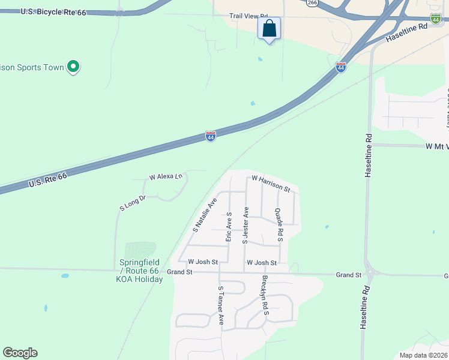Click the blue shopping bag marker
click(270, 28)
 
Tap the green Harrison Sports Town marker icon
click(73, 67)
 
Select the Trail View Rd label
click(249, 18)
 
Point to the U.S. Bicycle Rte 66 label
click(53, 12)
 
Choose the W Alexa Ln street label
click(166, 177)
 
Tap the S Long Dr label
click(133, 203)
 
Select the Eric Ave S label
click(229, 226)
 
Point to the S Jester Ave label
click(245, 225)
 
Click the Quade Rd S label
click(279, 225)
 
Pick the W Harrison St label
click(271, 183)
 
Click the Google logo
click(20, 353)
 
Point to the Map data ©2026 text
click(423, 355)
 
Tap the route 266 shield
click(312, 3)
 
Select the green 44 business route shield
click(435, 20)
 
